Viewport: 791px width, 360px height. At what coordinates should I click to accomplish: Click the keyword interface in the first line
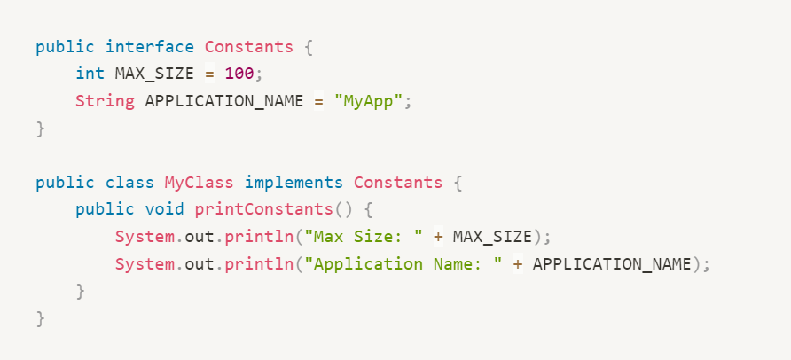tap(150, 45)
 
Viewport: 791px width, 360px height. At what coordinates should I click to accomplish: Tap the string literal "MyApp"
tap(369, 100)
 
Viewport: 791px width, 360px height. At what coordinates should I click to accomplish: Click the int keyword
tap(90, 73)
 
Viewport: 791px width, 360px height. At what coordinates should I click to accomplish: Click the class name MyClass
tap(200, 183)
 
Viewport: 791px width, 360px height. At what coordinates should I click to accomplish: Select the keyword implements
tap(294, 183)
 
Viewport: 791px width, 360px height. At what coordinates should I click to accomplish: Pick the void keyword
tap(164, 210)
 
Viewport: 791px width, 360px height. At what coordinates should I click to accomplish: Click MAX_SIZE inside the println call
tap(492, 237)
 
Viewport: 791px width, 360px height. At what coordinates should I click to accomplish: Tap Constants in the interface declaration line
tap(249, 45)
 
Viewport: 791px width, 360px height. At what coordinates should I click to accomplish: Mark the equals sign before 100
tap(209, 73)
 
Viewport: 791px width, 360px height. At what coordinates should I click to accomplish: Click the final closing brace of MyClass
tap(40, 318)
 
